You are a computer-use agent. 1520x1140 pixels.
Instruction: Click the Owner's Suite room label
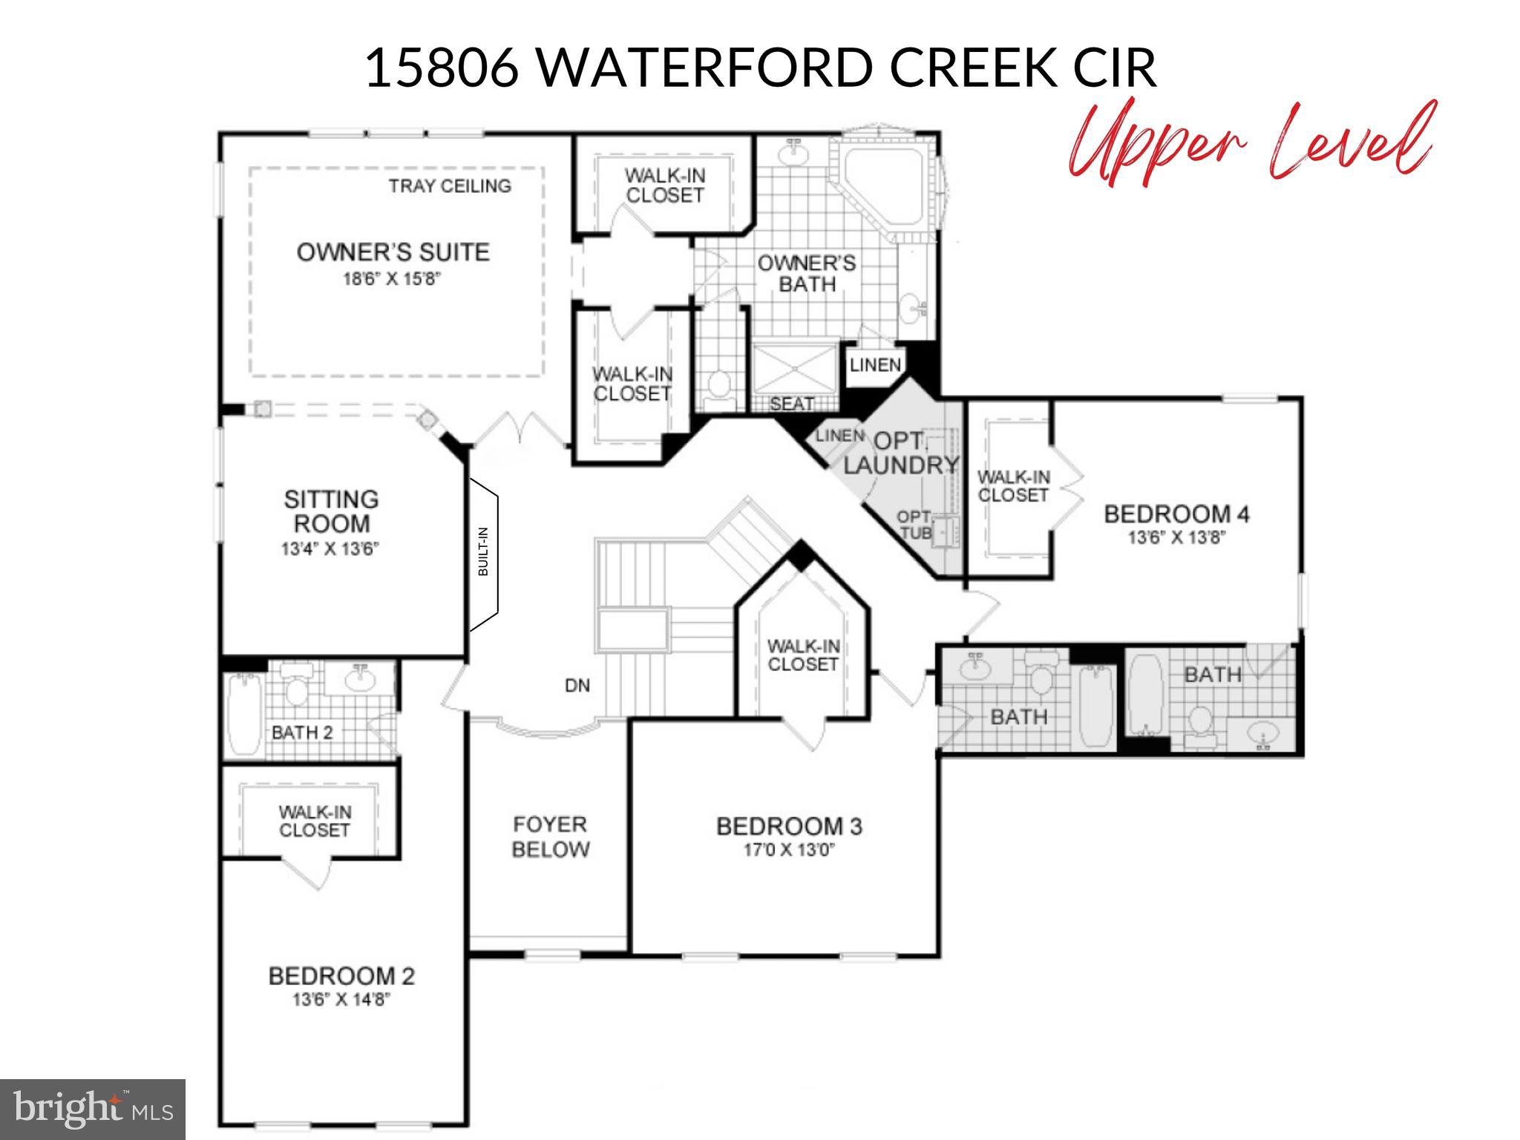click(x=393, y=252)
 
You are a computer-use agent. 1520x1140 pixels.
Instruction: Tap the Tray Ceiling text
click(x=450, y=186)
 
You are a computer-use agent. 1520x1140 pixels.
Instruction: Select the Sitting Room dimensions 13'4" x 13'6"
click(x=330, y=549)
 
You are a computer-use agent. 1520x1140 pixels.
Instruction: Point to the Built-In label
click(x=483, y=551)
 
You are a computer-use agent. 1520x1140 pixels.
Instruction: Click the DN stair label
click(x=577, y=686)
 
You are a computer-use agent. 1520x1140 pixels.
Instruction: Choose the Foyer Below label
click(x=550, y=836)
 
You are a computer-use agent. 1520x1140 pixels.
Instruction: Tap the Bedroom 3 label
click(x=789, y=826)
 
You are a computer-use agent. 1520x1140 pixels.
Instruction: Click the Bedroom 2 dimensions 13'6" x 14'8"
click(x=341, y=1000)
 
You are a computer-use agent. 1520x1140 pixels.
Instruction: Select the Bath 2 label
click(x=302, y=733)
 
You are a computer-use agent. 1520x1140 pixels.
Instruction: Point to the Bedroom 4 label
click(x=1176, y=514)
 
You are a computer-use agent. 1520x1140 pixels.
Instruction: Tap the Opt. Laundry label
click(x=900, y=453)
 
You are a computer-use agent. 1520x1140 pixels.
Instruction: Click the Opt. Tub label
click(x=914, y=524)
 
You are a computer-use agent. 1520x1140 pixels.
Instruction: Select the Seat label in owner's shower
click(x=791, y=404)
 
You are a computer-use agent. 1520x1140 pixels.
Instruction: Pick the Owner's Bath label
click(x=807, y=273)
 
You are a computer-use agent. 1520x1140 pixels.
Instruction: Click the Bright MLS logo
click(x=93, y=1109)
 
